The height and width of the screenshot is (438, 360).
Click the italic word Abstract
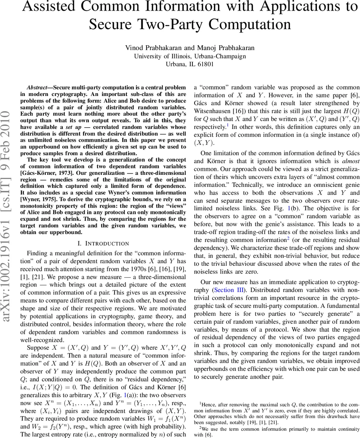(x=37, y=88)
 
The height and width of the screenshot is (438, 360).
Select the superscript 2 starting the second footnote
(x=200, y=427)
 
